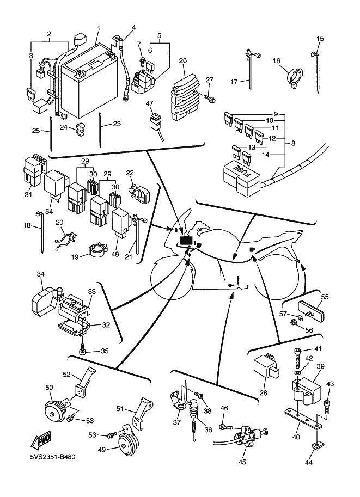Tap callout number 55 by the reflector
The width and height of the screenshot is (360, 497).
[x=325, y=297]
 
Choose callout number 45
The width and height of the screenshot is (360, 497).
[x=242, y=462]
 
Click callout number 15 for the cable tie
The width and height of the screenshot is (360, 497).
[x=320, y=38]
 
